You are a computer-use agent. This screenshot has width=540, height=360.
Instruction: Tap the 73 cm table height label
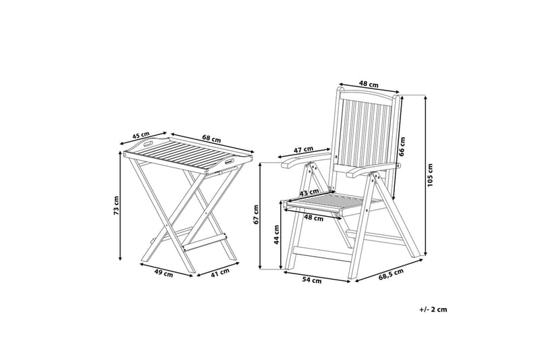tap(116, 206)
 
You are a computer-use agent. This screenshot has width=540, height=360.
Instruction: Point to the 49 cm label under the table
tap(164, 274)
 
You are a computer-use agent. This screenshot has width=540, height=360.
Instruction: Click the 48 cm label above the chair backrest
tap(368, 85)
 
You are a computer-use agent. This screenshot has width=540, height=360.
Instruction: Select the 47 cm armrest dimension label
tap(303, 149)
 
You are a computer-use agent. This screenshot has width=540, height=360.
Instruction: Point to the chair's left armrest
tap(296, 162)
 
